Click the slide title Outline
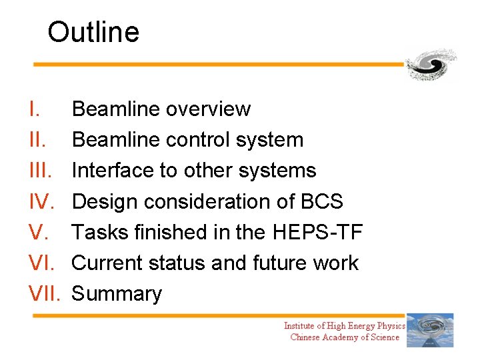point(93,32)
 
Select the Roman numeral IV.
point(39,201)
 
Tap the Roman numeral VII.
point(45,294)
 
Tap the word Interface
point(113,171)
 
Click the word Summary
point(117,294)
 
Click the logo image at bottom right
point(430,330)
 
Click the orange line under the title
point(220,65)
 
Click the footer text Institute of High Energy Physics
point(344,325)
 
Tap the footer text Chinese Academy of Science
point(344,337)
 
